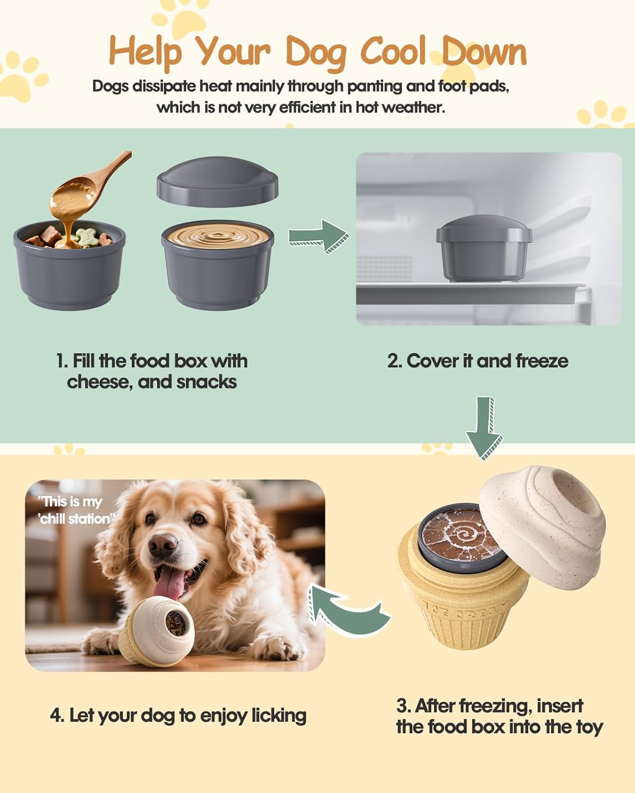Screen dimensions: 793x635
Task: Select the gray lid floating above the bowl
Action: (x=217, y=180)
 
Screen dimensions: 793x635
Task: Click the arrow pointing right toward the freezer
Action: (x=318, y=237)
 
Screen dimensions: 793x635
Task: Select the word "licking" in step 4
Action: (x=278, y=715)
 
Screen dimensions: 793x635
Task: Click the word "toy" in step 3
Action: (x=589, y=727)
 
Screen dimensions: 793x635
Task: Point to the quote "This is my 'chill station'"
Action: (x=74, y=510)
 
